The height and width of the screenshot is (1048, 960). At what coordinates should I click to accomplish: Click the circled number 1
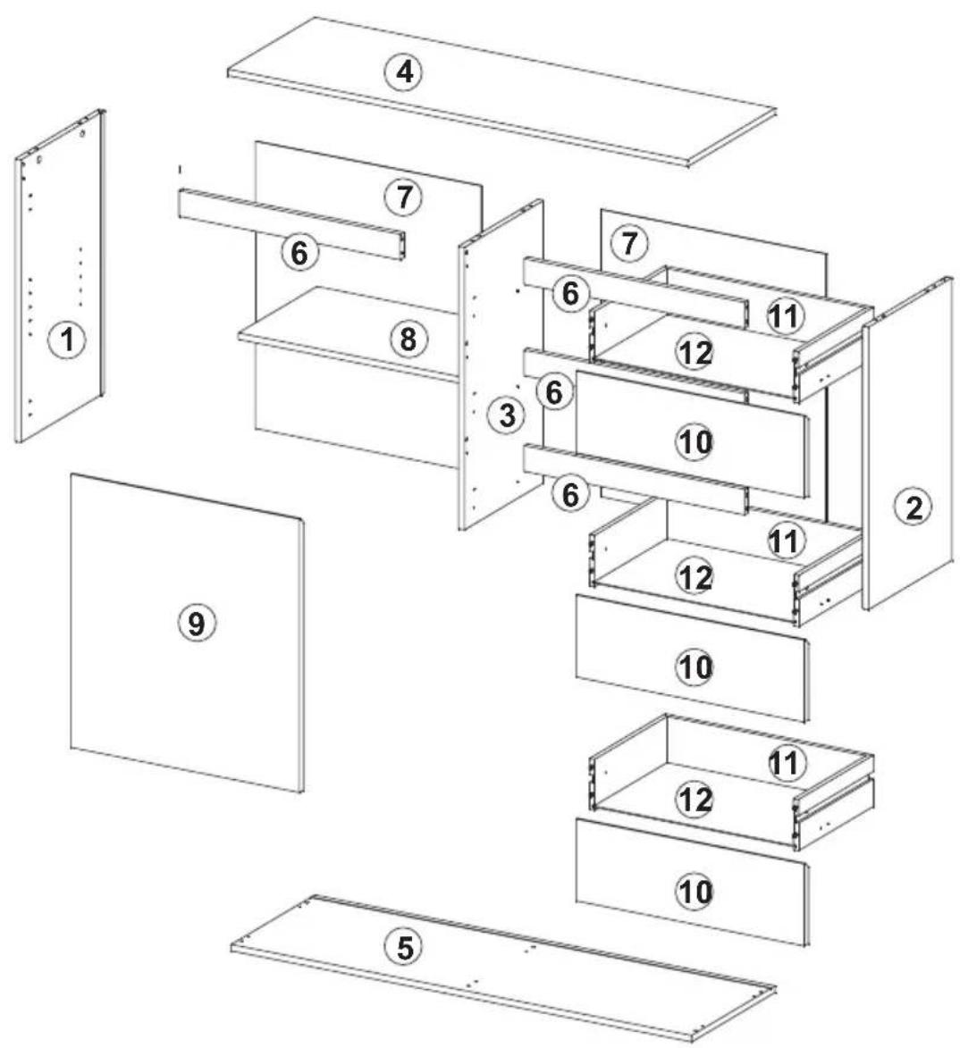click(67, 340)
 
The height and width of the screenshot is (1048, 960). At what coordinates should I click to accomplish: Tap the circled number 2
click(914, 507)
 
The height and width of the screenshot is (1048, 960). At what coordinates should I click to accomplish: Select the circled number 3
click(508, 415)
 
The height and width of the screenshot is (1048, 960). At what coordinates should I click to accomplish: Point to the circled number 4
click(404, 71)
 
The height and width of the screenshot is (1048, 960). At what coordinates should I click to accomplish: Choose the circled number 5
click(404, 947)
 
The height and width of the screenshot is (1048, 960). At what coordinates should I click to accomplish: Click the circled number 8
click(408, 339)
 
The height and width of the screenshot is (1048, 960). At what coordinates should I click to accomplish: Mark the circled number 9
click(196, 623)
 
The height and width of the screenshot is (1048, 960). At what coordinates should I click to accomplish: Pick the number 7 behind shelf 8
click(404, 197)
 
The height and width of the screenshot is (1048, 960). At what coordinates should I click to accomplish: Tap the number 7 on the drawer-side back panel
click(629, 243)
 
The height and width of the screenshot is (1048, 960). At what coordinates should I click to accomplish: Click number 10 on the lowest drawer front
click(695, 891)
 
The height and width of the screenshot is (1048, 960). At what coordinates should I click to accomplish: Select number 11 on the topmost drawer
click(786, 315)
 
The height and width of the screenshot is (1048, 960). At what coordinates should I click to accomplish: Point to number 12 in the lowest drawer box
click(695, 798)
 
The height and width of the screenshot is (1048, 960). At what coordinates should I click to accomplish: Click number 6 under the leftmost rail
click(299, 253)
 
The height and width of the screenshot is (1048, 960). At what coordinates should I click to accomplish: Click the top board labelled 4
click(501, 92)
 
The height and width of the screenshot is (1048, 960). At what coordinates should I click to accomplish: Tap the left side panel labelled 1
click(60, 275)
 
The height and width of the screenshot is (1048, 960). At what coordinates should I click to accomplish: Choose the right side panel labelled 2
click(908, 443)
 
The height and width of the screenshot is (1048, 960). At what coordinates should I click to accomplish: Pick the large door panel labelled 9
click(187, 633)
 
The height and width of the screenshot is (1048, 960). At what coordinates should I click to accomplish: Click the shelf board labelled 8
click(348, 332)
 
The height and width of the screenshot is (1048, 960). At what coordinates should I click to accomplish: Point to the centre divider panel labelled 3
click(501, 365)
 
